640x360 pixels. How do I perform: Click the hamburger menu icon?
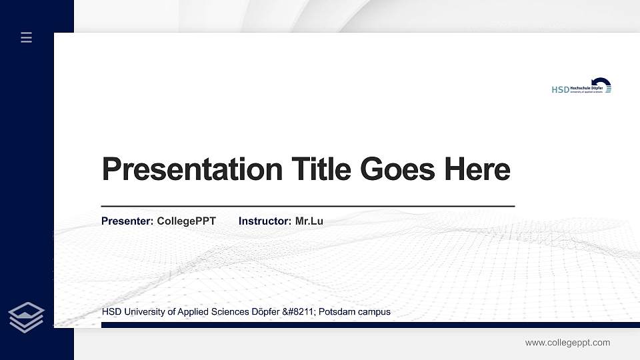coord(27,38)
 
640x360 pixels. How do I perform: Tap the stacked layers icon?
coord(27,317)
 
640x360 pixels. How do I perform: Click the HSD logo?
coord(581,87)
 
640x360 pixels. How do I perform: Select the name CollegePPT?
coord(187,221)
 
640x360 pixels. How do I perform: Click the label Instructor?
coord(265,221)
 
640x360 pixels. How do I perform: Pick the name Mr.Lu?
coord(309,221)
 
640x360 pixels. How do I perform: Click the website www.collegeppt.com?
coord(567,343)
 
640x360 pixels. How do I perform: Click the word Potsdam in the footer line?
coord(337,311)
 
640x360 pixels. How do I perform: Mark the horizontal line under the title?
coord(308,206)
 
